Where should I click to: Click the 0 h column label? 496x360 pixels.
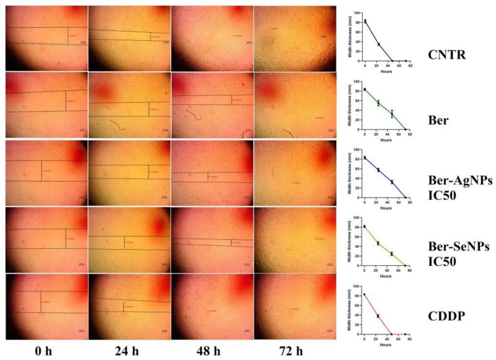click(x=46, y=351)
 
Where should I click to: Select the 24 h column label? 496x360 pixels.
click(x=128, y=351)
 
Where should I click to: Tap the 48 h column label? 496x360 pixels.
click(x=211, y=351)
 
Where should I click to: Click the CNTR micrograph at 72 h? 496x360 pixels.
click(x=294, y=38)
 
